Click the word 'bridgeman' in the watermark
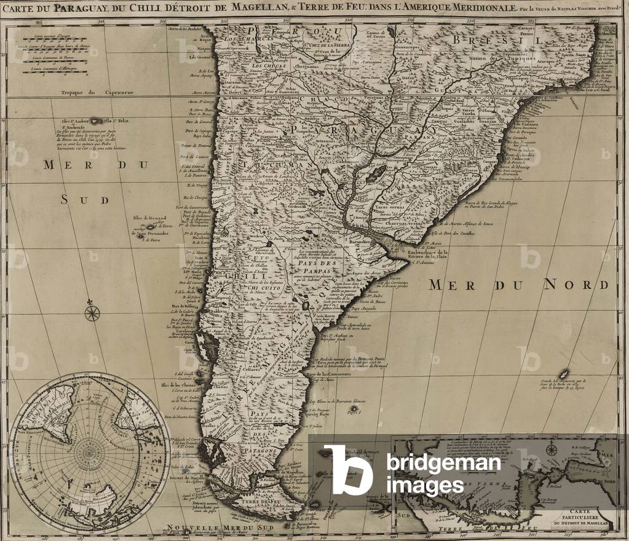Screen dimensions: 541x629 (443, 462)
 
